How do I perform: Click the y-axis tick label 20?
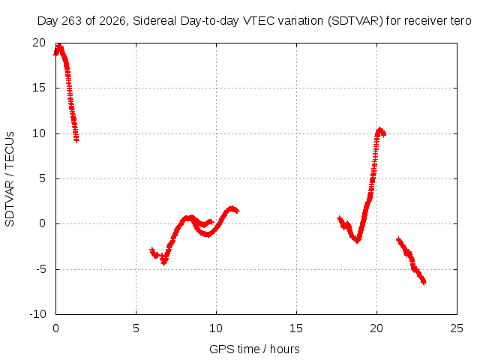[x=39, y=43]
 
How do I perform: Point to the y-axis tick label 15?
[x=39, y=88]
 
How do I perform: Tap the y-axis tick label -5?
[x=40, y=269]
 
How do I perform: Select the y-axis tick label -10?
[x=37, y=314]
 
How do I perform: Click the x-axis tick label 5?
[x=136, y=328]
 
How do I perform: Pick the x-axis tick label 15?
[x=296, y=328]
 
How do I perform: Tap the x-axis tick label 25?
[x=457, y=328]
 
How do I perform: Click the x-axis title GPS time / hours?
[x=254, y=349]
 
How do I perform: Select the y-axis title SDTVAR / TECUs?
[x=10, y=179]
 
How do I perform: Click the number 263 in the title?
[x=72, y=21]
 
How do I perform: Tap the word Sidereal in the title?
[x=154, y=21]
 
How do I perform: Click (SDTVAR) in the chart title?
[x=355, y=21]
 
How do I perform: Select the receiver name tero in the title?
[x=460, y=21]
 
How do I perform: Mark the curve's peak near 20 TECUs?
[x=59, y=46]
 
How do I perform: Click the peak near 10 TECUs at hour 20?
[x=380, y=130]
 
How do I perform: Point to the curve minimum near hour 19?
[x=357, y=241]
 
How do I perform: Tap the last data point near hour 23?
[x=424, y=282]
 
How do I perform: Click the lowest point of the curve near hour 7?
[x=164, y=262]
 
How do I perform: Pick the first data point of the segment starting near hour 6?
[x=151, y=250]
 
